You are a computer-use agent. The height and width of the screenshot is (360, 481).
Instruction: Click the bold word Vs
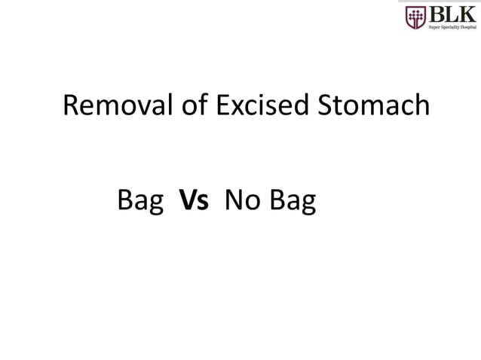tap(194, 201)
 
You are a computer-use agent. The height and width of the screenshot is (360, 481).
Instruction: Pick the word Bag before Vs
tap(141, 202)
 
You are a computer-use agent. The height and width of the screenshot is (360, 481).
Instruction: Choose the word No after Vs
tap(241, 201)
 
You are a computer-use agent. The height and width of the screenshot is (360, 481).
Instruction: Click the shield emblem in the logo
tap(415, 17)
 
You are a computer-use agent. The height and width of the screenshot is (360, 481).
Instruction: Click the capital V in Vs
tap(188, 201)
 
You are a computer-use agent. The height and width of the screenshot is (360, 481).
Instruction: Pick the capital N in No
tap(234, 201)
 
